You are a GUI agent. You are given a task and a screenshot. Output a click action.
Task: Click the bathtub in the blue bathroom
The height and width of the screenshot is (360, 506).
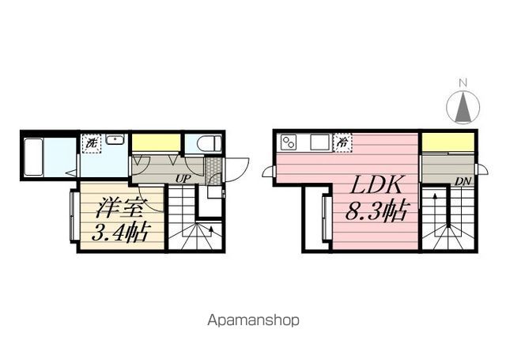(x=33, y=157)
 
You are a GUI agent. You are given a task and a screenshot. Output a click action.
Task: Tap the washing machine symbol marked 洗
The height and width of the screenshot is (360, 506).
(x=92, y=143)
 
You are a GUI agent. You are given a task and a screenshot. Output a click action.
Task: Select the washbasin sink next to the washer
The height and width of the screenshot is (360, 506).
(x=115, y=139)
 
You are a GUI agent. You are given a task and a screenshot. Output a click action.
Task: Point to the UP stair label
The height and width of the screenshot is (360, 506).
(x=183, y=179)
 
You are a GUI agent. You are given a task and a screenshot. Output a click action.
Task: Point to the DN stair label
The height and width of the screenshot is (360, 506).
(x=463, y=181)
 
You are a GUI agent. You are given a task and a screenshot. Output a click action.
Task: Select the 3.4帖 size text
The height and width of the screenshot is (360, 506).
(x=121, y=232)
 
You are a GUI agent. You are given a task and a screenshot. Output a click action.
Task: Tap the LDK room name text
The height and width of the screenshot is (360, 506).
(x=376, y=184)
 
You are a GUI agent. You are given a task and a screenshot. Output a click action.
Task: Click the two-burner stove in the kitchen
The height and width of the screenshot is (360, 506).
(x=289, y=142)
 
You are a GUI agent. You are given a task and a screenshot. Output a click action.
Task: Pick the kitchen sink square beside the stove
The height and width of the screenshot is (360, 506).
(x=319, y=142)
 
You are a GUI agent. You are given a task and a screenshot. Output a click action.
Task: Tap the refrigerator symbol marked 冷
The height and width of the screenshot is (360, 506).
(x=342, y=142)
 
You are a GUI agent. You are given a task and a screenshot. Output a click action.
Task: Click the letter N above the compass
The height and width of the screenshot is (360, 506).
(x=463, y=83)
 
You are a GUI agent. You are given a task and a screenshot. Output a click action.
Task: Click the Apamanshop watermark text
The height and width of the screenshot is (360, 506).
(x=253, y=320)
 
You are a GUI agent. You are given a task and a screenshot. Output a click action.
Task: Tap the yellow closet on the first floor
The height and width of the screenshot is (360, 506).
(x=156, y=142)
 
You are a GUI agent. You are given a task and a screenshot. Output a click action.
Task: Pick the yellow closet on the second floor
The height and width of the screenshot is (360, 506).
(x=448, y=142)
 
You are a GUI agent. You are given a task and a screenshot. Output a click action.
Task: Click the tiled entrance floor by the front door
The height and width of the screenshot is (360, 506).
(x=213, y=171)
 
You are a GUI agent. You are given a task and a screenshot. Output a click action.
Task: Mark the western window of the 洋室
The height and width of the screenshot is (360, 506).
(x=74, y=216)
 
